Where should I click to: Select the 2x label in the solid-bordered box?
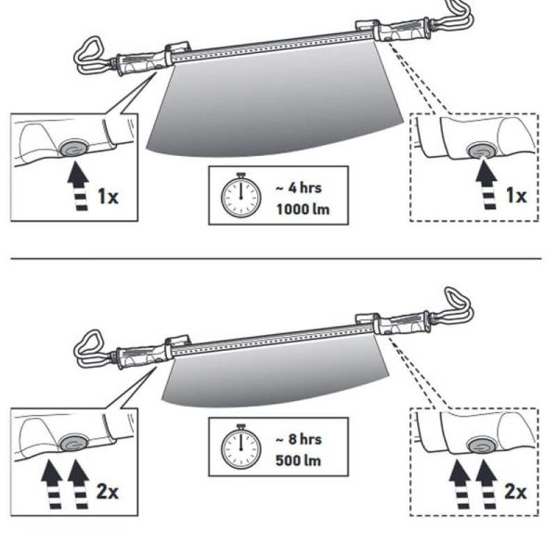click(x=108, y=490)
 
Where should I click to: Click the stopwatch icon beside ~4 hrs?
click(x=240, y=196)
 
